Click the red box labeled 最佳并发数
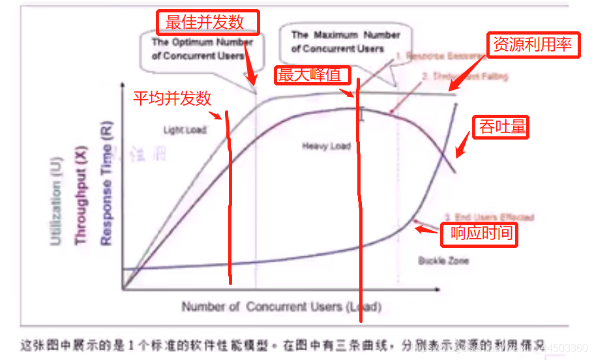point(208,22)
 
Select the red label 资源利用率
point(533,44)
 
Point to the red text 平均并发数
point(173,98)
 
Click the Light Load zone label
point(185,130)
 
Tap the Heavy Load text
point(326,146)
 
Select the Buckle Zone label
point(443,261)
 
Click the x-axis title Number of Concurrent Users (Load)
point(281,307)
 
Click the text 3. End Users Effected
point(490,217)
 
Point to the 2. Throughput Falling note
point(464,76)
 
